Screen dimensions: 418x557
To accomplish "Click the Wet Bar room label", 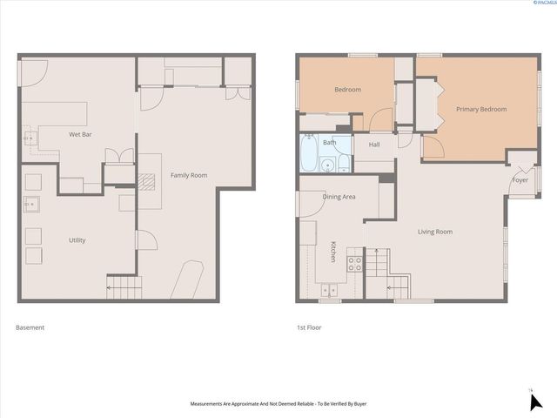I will pos(81,135).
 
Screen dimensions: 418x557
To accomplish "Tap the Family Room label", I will pos(188,176).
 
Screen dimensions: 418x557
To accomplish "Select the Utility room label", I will pos(77,239).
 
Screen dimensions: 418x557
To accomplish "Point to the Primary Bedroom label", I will pos(481,110).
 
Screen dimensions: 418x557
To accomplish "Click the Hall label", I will pos(374,145).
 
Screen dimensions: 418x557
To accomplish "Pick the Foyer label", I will pos(520,180).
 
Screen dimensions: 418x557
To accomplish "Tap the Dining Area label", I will pos(339,197).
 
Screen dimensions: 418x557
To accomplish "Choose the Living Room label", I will pos(434,232).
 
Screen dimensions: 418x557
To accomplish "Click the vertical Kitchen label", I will pos(332,253).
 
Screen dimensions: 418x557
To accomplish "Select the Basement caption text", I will pos(30,327).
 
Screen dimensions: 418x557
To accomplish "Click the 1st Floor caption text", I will pos(310,327).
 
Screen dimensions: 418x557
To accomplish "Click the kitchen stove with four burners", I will pos(354,262).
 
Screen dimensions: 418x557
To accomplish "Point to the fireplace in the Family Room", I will pos(143,180).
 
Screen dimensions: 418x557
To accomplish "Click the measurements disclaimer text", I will pos(278,404).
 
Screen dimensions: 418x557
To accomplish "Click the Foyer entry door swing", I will pos(518,163).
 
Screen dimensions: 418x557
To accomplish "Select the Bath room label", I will pos(330,142).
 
